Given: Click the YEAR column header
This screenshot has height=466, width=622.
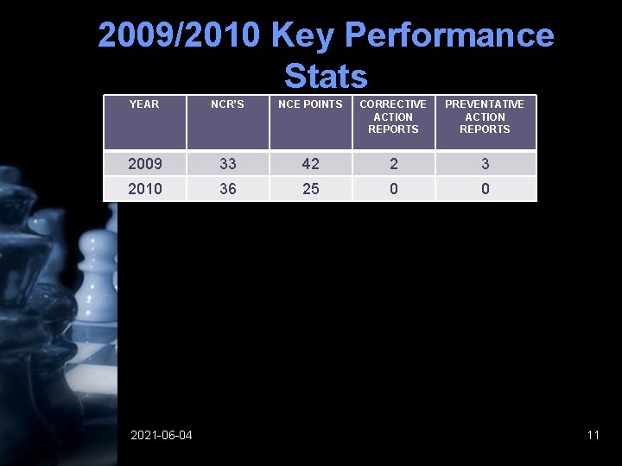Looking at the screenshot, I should pyautogui.click(x=144, y=104).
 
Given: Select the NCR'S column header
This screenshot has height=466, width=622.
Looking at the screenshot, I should pyautogui.click(x=228, y=104).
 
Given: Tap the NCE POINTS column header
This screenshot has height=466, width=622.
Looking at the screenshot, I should pyautogui.click(x=310, y=104).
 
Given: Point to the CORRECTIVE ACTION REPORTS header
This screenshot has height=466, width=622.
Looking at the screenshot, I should pyautogui.click(x=393, y=116).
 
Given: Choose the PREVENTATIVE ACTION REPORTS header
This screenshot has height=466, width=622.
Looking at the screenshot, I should pyautogui.click(x=485, y=116).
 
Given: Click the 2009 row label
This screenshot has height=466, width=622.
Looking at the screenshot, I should pyautogui.click(x=145, y=164).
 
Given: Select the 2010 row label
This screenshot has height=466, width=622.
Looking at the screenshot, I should pyautogui.click(x=145, y=188).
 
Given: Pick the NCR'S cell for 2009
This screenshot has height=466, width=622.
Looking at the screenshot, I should pyautogui.click(x=228, y=164).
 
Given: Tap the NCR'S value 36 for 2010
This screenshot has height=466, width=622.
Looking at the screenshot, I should pyautogui.click(x=228, y=188).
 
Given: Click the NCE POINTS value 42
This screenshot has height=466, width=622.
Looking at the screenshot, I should pyautogui.click(x=311, y=164).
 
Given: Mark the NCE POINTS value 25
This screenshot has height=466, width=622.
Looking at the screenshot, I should pyautogui.click(x=311, y=188).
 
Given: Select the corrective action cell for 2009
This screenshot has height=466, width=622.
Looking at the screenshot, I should pyautogui.click(x=394, y=164).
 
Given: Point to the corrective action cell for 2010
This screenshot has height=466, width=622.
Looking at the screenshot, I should pyautogui.click(x=394, y=188).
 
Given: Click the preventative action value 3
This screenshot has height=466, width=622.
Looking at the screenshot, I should pyautogui.click(x=486, y=164).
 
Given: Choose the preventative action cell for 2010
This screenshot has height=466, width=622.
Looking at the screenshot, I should pyautogui.click(x=486, y=188).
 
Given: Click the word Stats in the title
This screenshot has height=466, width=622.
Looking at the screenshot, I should pyautogui.click(x=326, y=76).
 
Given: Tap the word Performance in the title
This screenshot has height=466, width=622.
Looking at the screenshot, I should pyautogui.click(x=448, y=35).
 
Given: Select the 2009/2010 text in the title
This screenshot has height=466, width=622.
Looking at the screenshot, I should pyautogui.click(x=179, y=35).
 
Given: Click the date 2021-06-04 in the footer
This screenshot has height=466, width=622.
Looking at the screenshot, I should pyautogui.click(x=162, y=435).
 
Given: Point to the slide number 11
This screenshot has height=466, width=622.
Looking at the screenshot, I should pyautogui.click(x=593, y=435).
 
